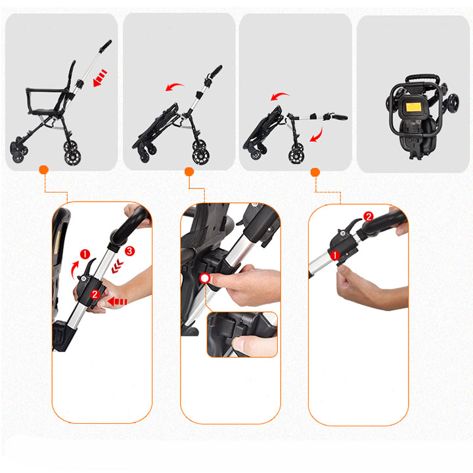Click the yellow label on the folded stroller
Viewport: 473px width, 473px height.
413,107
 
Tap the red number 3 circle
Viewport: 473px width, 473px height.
129,251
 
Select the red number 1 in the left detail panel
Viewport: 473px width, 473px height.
85,254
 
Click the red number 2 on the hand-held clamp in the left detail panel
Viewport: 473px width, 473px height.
95,294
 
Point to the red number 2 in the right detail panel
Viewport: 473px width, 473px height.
369,216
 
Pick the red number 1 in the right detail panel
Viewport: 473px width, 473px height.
335,256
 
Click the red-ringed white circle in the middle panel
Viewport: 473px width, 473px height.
205,278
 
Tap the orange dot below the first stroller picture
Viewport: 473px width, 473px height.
44,170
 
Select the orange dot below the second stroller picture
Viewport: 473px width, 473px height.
189,171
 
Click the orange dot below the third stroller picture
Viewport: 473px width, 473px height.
315,172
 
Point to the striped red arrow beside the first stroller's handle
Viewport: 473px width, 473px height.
100,78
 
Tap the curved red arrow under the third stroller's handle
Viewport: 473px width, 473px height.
318,135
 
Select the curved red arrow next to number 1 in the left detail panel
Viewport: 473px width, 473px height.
74,269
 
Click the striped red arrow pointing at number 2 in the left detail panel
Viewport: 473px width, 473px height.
118,302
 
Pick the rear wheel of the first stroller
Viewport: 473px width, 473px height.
72,157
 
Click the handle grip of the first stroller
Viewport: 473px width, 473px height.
105,46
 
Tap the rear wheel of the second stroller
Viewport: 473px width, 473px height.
201,156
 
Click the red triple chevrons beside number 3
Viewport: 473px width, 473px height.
118,266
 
